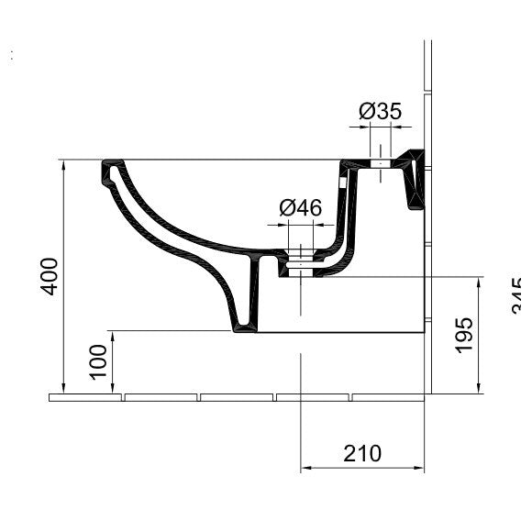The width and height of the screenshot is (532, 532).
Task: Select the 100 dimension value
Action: [98, 362]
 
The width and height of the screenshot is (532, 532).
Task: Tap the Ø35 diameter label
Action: [380, 112]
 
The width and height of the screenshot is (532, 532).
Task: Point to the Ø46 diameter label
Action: [301, 208]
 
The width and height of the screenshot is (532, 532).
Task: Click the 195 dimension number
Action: [464, 336]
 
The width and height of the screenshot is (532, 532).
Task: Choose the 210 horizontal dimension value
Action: [362, 452]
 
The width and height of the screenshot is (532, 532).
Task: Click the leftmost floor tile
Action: [85, 397]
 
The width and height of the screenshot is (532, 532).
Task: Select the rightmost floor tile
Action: [388, 397]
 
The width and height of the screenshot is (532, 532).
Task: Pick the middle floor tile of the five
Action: [237, 397]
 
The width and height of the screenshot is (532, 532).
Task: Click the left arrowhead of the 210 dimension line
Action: [306, 469]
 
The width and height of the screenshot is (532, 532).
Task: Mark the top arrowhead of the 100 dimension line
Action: [112, 336]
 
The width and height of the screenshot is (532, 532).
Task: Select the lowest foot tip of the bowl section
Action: [243, 327]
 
